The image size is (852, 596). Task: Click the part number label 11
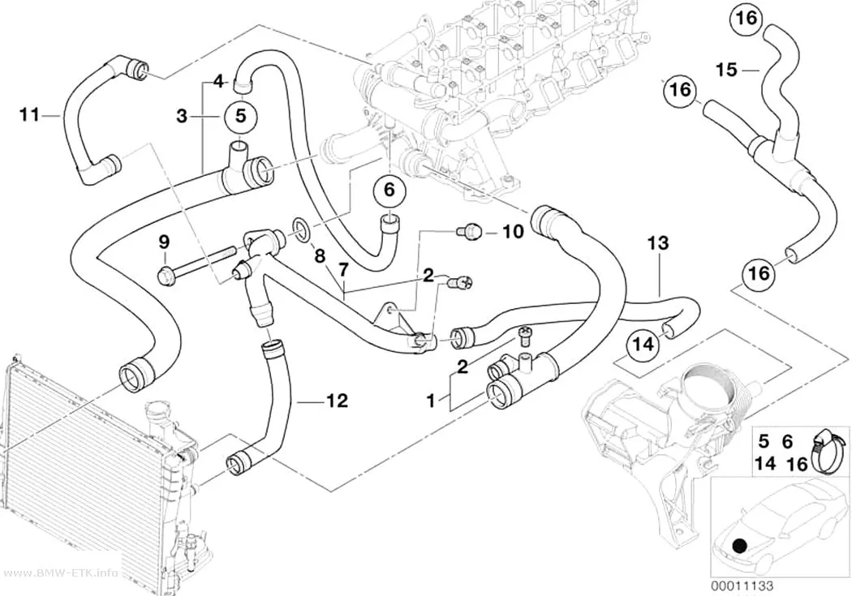point(29,115)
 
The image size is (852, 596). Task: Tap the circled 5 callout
point(241,116)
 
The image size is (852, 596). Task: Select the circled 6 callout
point(389,191)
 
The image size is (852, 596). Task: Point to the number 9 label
point(164,241)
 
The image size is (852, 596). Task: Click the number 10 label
point(513,232)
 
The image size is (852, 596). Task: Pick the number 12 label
point(337,401)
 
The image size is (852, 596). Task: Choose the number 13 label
point(658,243)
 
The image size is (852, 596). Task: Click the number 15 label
point(726,70)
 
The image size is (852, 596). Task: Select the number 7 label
point(343,269)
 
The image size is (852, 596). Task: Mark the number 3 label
point(182,116)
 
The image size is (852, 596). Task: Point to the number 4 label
point(218,82)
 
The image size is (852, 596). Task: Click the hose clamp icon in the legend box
point(826,451)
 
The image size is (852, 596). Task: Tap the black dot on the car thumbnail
point(738,545)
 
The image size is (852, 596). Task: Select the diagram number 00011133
point(742,586)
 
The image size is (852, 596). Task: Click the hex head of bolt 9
point(165,275)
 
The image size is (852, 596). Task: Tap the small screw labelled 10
point(470,233)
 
